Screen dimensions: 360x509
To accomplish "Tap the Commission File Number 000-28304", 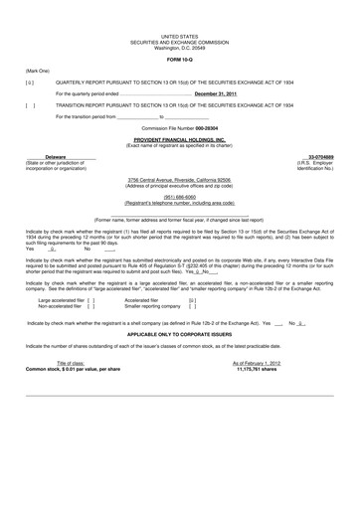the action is pyautogui.click(x=180, y=129).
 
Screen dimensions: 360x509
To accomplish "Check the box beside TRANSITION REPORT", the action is pyautogui.click(x=29, y=104).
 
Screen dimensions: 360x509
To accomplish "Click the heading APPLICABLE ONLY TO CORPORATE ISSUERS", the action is pyautogui.click(x=180, y=358).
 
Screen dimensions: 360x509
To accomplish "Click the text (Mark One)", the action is pyautogui.click(x=36, y=70).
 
